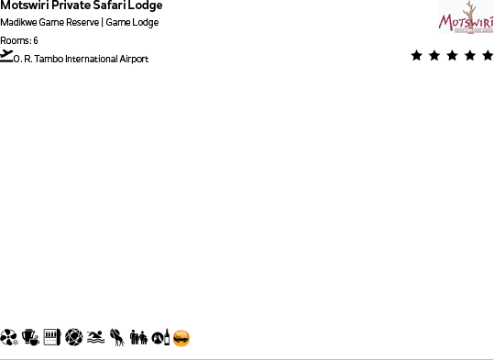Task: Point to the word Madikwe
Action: [x=17, y=22]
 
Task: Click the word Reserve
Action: [x=81, y=22]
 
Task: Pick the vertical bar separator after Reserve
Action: [x=102, y=22]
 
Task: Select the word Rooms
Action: [x=14, y=40]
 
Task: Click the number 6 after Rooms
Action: [x=35, y=40]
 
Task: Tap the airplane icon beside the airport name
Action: [x=7, y=56]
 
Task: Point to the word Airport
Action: [x=133, y=59]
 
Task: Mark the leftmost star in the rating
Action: [x=417, y=56]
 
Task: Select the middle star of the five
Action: [x=452, y=56]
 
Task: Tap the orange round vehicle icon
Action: [x=181, y=338]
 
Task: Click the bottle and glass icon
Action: [x=159, y=338]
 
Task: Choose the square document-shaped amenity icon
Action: [x=51, y=338]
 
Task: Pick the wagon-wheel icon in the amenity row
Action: [x=9, y=338]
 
